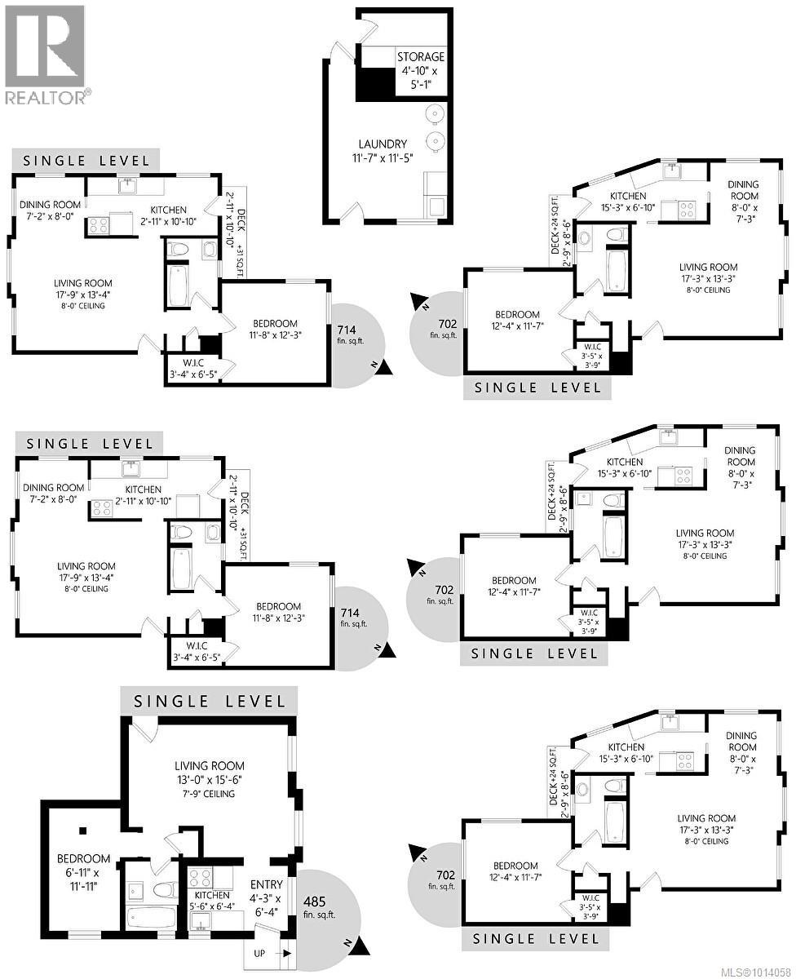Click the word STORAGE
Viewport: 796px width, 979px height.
[421, 57]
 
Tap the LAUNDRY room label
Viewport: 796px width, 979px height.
[383, 144]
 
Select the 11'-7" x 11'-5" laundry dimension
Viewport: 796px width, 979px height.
[383, 158]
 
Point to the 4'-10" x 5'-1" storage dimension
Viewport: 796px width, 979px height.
[421, 78]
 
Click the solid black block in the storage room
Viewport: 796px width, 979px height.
[375, 84]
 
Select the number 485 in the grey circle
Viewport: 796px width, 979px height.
[314, 901]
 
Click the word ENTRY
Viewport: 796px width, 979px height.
[267, 885]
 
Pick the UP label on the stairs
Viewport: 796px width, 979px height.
[259, 953]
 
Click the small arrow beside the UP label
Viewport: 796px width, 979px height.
[286, 954]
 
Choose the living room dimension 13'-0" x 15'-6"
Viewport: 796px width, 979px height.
[209, 779]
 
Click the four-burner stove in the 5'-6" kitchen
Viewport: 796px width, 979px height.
[201, 878]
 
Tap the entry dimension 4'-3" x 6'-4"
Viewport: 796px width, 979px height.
[268, 906]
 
